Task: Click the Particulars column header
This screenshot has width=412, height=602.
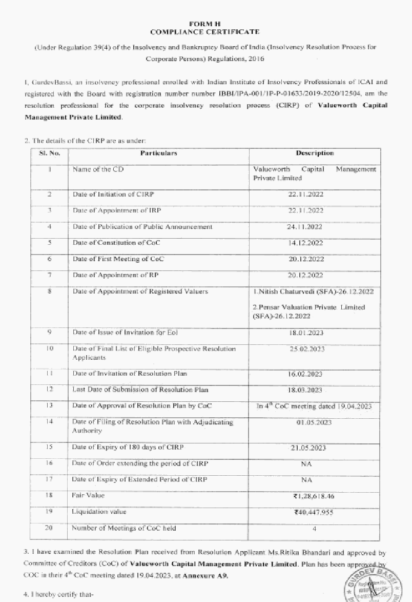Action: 158,153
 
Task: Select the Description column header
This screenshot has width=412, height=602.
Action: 315,153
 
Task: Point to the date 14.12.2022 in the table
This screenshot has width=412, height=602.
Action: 306,243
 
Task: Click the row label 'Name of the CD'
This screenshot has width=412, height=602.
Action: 98,169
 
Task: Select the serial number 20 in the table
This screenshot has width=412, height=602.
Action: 49,528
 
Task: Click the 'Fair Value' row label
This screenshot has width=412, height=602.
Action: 88,495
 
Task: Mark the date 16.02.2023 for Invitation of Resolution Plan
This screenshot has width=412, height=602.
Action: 305,374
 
